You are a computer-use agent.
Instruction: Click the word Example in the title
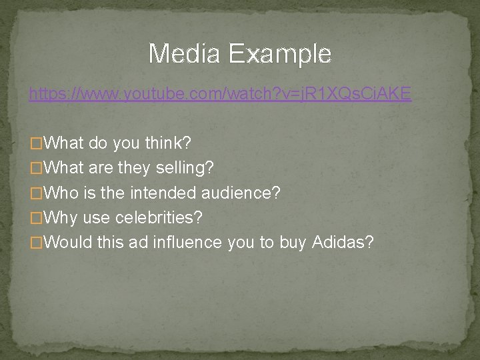click(279, 53)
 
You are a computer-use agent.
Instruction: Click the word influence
click(189, 241)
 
